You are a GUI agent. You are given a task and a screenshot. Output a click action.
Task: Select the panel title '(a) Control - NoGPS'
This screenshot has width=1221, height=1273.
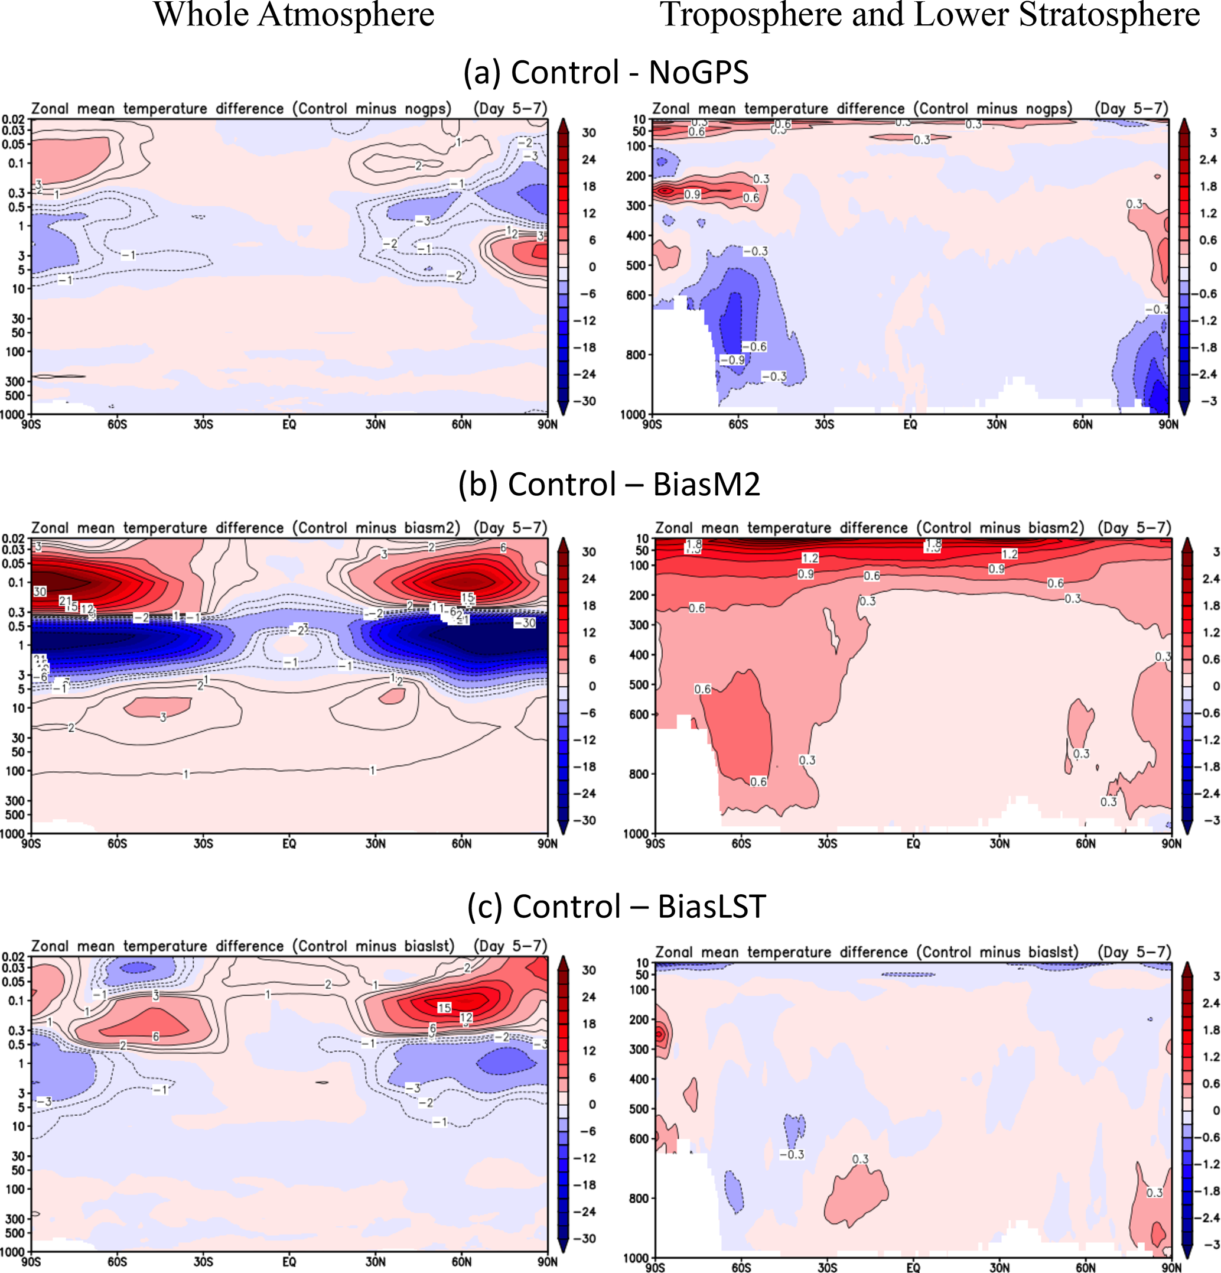click(605, 72)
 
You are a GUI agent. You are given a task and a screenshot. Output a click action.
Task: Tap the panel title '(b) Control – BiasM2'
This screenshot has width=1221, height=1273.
click(609, 484)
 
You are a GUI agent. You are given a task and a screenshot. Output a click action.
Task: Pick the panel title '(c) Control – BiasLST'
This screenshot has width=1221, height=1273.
click(616, 906)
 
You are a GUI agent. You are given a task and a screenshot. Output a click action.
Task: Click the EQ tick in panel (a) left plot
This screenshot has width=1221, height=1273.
click(289, 424)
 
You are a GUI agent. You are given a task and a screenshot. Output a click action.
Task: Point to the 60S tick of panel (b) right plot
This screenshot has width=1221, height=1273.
click(741, 844)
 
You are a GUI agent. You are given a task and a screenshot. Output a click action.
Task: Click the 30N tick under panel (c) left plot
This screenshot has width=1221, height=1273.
click(375, 1261)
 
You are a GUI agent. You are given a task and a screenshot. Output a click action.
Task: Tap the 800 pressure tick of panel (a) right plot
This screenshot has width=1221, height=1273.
click(636, 355)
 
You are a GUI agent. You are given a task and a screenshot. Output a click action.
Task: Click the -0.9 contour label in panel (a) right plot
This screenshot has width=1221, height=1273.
click(731, 360)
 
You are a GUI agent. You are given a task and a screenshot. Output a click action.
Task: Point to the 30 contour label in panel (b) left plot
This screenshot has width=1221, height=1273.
click(40, 592)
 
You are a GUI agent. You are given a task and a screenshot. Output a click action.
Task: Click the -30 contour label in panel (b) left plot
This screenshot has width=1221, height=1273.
click(525, 623)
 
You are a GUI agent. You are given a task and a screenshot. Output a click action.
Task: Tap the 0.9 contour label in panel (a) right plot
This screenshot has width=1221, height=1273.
click(692, 194)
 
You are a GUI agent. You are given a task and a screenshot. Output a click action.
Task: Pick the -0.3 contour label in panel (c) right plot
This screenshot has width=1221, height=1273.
click(792, 1154)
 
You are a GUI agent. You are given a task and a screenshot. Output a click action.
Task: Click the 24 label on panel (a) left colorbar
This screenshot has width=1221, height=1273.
click(588, 159)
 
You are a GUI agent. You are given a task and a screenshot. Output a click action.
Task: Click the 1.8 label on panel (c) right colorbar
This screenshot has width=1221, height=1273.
click(1210, 1030)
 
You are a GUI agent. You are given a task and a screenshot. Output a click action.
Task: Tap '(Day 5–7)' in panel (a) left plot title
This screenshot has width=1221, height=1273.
click(510, 109)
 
